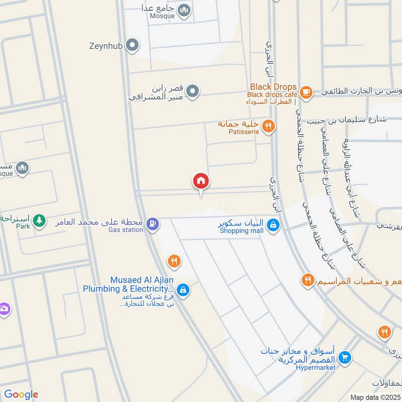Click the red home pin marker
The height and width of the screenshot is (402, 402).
(x=201, y=181)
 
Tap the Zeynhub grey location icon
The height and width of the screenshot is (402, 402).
(x=133, y=46)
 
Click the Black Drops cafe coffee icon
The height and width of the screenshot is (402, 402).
(x=306, y=92)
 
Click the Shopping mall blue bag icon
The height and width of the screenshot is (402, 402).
(x=272, y=226)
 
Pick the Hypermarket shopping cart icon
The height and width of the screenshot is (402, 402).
(x=345, y=358)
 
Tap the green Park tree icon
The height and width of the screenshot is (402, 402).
(x=39, y=220)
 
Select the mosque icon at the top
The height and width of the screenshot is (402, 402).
(x=184, y=10)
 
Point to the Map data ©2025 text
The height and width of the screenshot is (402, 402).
(x=375, y=397)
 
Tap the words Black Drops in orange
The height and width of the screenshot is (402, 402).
(x=272, y=87)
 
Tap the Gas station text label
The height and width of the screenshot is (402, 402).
(x=126, y=230)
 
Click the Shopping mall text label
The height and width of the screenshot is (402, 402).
(x=242, y=231)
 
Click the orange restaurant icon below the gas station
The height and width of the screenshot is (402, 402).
(x=174, y=261)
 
